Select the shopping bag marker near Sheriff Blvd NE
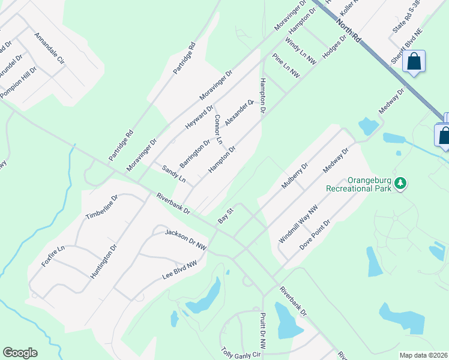pyautogui.click(x=414, y=62)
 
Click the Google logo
pyautogui.click(x=20, y=353)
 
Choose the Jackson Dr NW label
pyautogui.click(x=185, y=239)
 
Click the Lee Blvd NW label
pyautogui.click(x=179, y=271)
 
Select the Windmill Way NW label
pyautogui.click(x=297, y=225)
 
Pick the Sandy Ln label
pyautogui.click(x=174, y=175)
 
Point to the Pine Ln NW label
pyautogui.click(x=286, y=65)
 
